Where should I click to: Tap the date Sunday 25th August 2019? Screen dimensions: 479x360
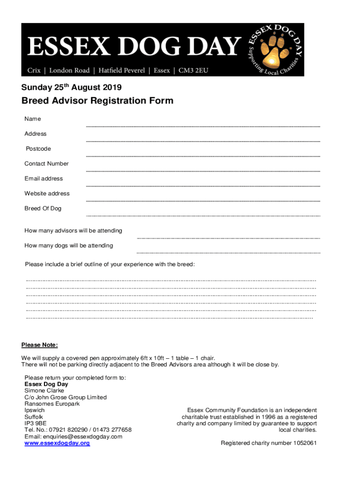pyautogui.click(x=71, y=87)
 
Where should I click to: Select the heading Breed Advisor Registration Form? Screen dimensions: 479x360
pyautogui.click(x=97, y=101)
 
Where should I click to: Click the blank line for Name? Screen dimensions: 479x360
pyautogui.click(x=203, y=126)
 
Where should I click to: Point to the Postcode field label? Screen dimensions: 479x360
pyautogui.click(x=38, y=149)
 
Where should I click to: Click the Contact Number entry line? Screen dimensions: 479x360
pyautogui.click(x=203, y=171)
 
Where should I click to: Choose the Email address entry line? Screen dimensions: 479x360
pyautogui.click(x=203, y=186)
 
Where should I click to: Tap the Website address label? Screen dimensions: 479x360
pyautogui.click(x=47, y=194)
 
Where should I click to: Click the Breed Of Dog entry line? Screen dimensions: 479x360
pyautogui.click(x=203, y=216)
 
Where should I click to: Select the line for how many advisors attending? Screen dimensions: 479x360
pyautogui.click(x=228, y=238)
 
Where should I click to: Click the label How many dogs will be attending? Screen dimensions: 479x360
pyautogui.click(x=68, y=246)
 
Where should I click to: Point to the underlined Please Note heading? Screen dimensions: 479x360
pyautogui.click(x=40, y=345)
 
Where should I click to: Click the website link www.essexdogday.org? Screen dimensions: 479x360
pyautogui.click(x=57, y=443)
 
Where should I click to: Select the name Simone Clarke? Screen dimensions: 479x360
pyautogui.click(x=44, y=391)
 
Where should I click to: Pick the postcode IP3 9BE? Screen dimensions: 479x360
pyautogui.click(x=35, y=423)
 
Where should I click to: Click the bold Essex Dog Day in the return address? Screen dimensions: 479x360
pyautogui.click(x=46, y=384)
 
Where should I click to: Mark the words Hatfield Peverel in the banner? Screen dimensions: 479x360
pyautogui.click(x=122, y=70)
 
